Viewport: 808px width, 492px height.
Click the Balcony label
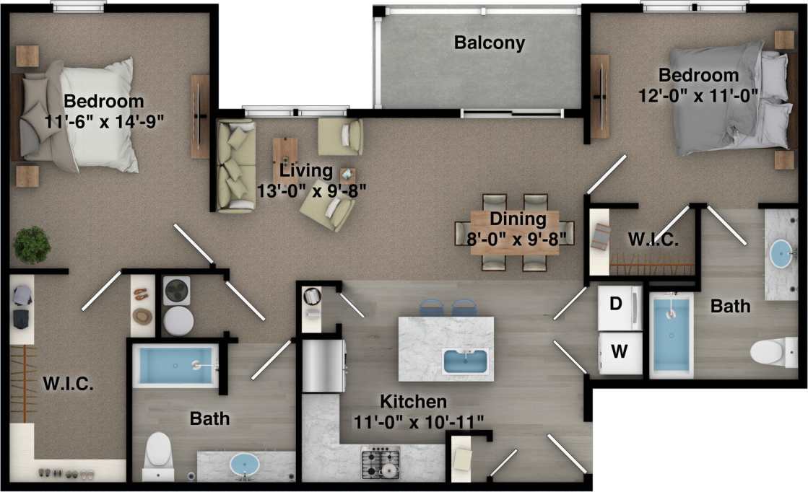coord(489,43)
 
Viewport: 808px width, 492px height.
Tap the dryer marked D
coord(618,306)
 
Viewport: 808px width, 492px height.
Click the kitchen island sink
coord(466,360)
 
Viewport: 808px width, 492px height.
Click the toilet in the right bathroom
coord(767,353)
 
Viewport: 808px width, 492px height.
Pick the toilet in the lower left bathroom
coord(157,452)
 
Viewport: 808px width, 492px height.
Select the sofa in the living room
coord(235,166)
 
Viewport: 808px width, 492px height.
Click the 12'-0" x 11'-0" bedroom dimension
coord(698,94)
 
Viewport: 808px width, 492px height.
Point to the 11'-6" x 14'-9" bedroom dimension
coord(103,121)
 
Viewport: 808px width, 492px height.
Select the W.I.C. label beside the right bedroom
coord(653,241)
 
